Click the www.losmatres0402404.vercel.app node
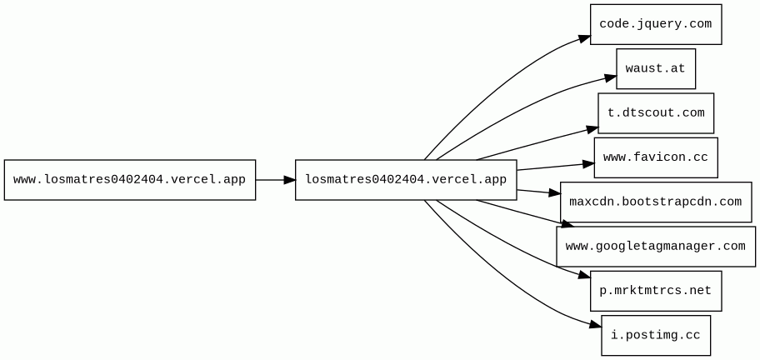[130, 180]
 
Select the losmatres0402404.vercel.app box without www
[406, 180]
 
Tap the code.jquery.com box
[656, 24]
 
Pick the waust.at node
[656, 69]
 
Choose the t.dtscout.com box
[656, 112]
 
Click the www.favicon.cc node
[656, 157]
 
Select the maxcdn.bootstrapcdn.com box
[656, 202]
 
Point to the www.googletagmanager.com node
[656, 246]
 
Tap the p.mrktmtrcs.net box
[656, 291]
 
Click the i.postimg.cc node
[656, 335]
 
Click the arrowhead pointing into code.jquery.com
[584, 39]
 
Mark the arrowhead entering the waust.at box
[610, 77]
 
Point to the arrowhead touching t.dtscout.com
[592, 129]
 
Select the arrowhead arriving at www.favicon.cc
[588, 164]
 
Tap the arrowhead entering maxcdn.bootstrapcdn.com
[554, 193]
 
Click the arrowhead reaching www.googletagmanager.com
[567, 225]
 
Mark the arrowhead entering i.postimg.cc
[596, 325]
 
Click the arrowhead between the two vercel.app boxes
[290, 180]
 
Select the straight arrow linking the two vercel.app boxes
[275, 180]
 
